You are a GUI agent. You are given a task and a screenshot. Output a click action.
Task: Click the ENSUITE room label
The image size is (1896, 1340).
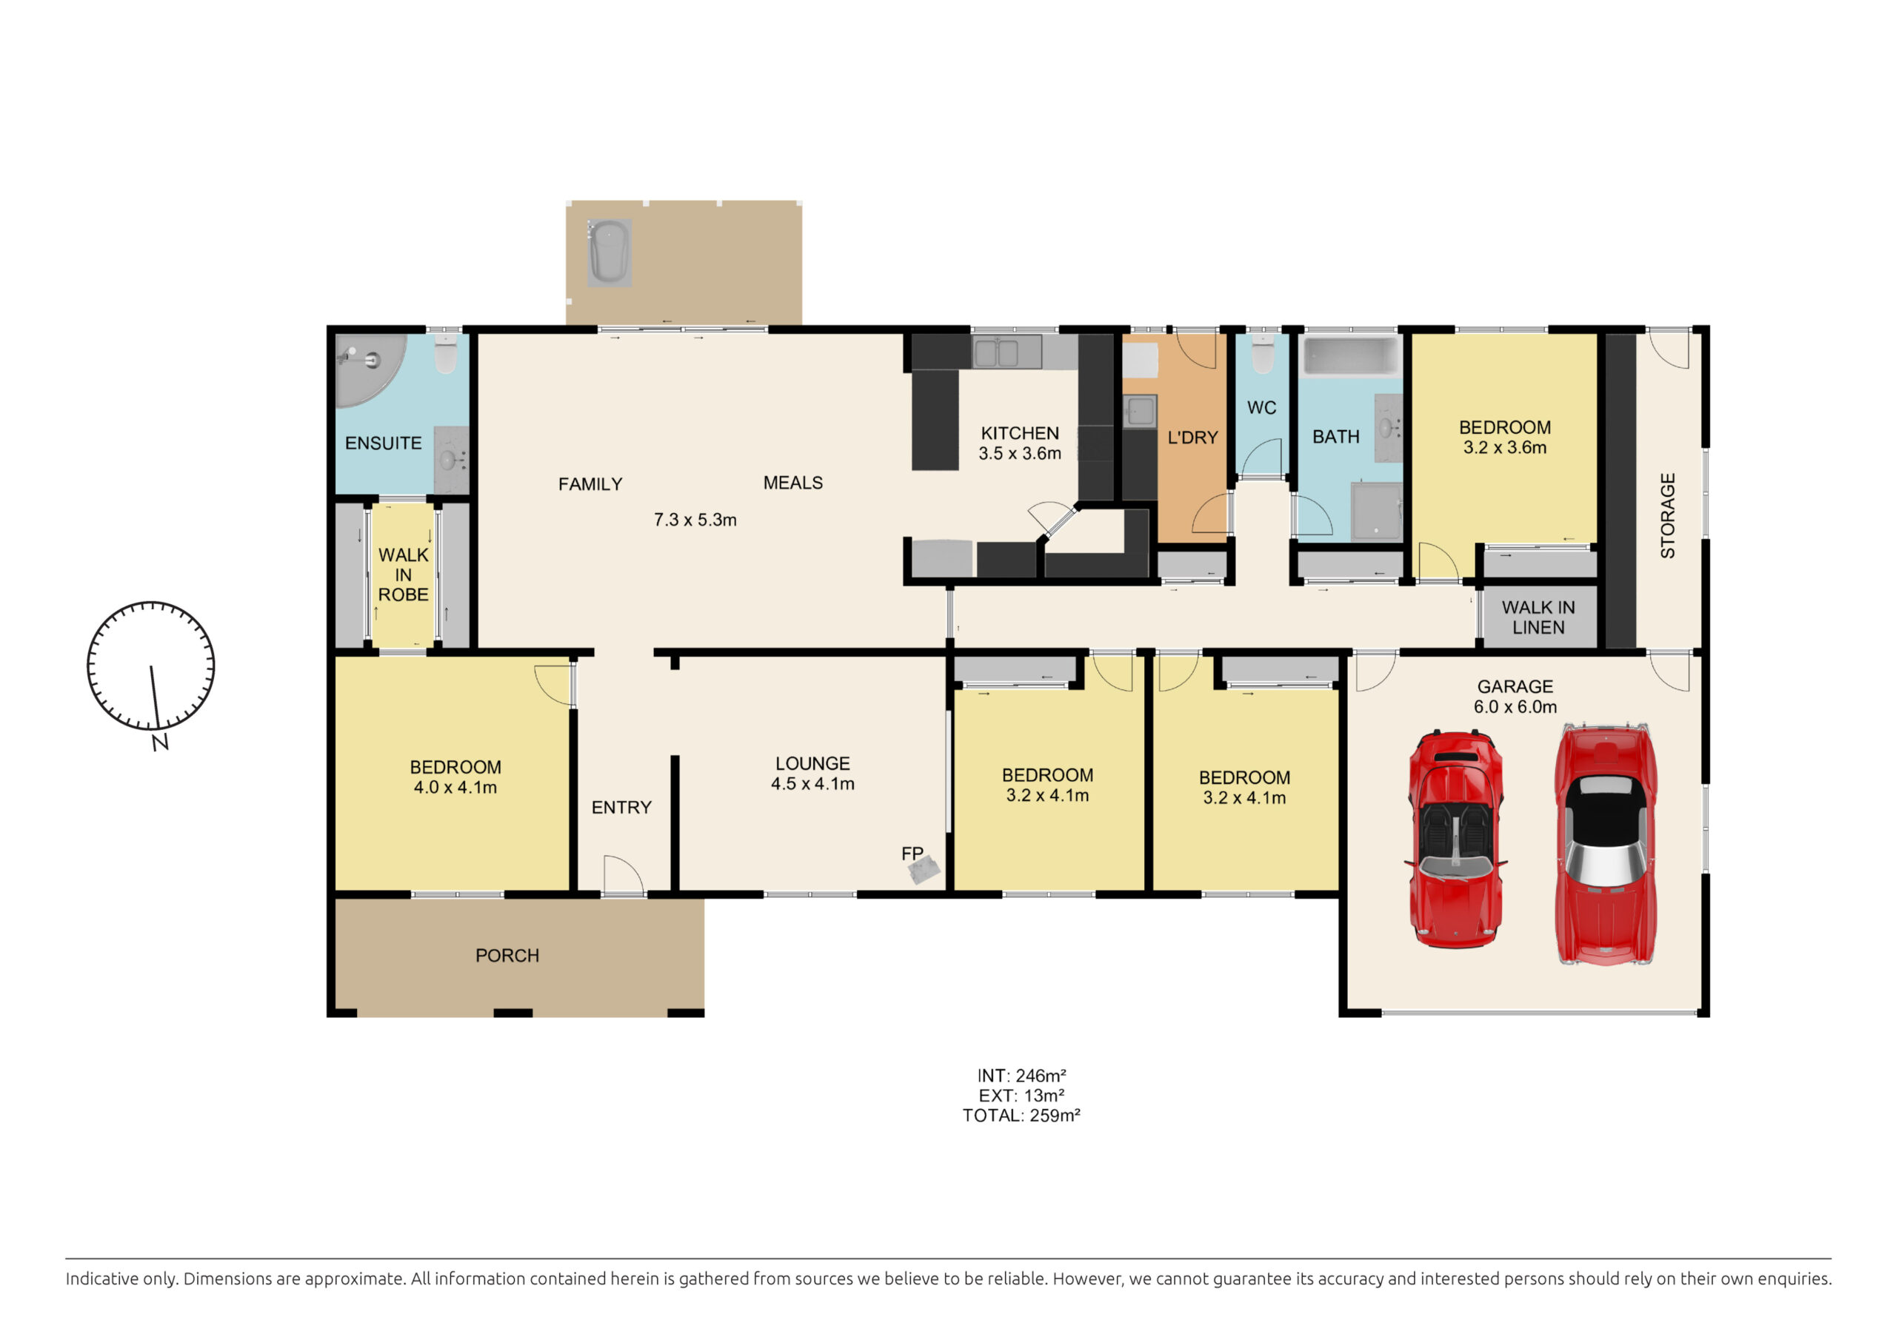(383, 443)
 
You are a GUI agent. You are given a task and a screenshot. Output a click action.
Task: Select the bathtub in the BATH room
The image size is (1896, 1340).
(1351, 356)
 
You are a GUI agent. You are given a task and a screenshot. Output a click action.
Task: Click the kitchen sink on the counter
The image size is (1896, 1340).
(996, 352)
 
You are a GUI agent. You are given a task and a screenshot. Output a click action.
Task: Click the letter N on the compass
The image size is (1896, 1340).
(160, 743)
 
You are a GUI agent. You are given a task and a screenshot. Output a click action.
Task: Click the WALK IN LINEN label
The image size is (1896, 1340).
(1538, 617)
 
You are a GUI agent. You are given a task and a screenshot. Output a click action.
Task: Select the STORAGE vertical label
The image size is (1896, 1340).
(1668, 516)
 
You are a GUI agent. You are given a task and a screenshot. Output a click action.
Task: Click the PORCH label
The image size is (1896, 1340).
(507, 955)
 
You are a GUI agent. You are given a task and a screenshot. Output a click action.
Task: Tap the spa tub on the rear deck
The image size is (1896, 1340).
(610, 252)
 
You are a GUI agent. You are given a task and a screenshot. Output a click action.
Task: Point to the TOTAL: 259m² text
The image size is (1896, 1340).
(1021, 1116)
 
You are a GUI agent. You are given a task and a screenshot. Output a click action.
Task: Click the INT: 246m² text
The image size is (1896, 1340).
(1021, 1076)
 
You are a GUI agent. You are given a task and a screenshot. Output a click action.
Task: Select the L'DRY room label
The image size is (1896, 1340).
(1192, 438)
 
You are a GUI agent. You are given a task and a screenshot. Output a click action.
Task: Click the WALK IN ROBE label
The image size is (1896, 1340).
(403, 574)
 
